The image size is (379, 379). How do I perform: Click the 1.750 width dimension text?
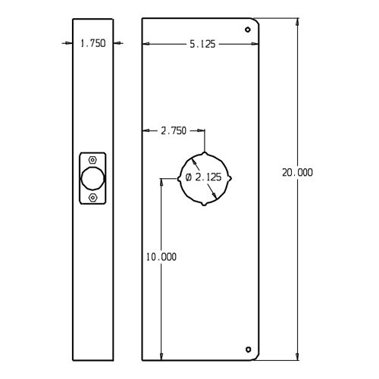[x=92, y=44]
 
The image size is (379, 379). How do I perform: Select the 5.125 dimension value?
[x=202, y=44]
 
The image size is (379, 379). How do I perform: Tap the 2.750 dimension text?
[x=173, y=131]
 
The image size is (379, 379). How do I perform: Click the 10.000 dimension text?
[x=161, y=257]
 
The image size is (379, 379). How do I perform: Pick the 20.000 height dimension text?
[x=297, y=173]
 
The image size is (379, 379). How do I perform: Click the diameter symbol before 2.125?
[x=189, y=177]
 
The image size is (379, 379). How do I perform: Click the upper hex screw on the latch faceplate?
[x=92, y=160]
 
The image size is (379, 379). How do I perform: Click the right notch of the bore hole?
[x=230, y=178]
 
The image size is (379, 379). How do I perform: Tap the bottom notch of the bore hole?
[x=204, y=205]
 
